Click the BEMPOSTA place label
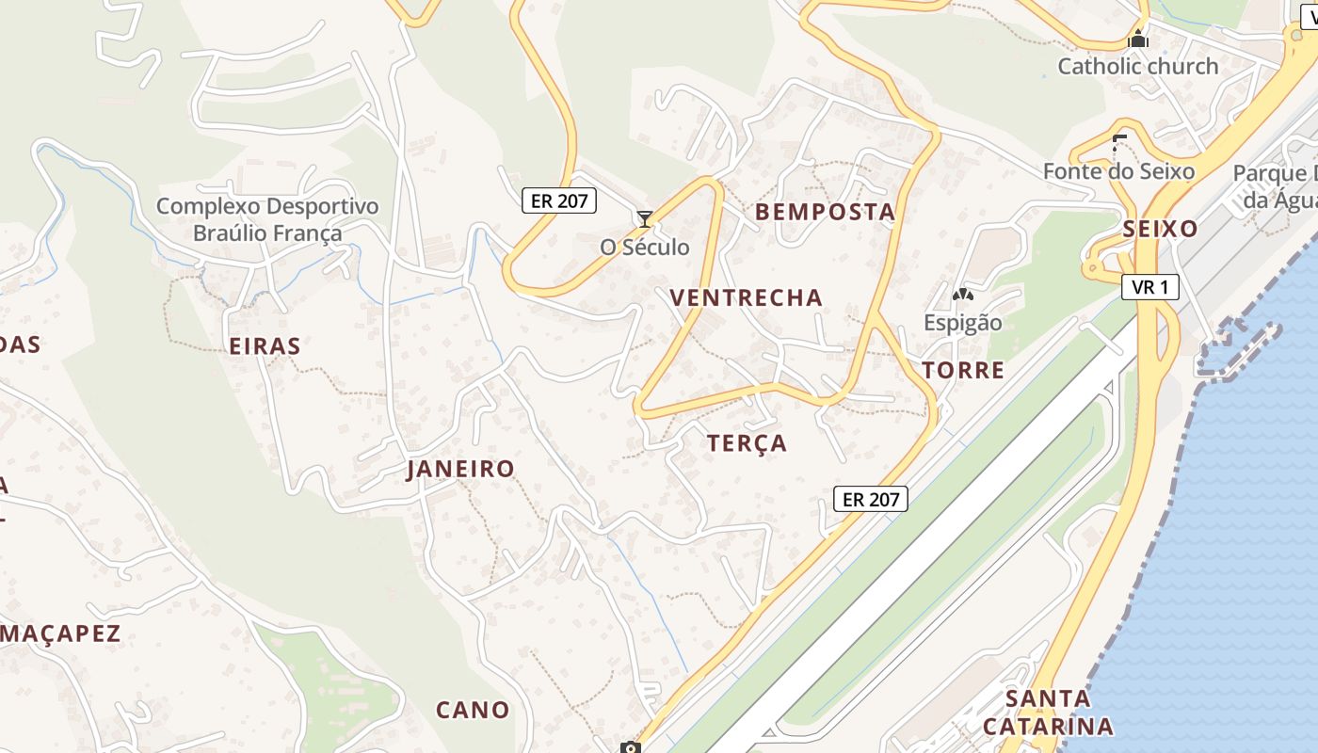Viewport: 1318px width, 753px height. click(825, 212)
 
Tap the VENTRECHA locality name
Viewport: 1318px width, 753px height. click(746, 297)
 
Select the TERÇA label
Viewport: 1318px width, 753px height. click(747, 442)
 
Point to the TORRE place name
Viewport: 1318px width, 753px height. click(963, 370)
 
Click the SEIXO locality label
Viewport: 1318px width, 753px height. click(1160, 229)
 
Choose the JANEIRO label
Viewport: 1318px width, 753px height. click(460, 469)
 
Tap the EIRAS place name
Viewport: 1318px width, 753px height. click(265, 345)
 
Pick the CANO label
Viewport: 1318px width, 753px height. click(472, 709)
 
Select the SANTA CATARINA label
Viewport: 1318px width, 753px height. click(1048, 713)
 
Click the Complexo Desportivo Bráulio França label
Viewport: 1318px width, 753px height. click(267, 219)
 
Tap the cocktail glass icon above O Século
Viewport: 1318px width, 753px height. click(645, 219)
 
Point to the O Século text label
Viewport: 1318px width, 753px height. click(645, 248)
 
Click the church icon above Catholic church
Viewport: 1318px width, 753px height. click(1138, 40)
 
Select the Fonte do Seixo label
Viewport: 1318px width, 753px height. click(1118, 171)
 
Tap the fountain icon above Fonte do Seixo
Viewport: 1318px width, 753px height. click(1118, 144)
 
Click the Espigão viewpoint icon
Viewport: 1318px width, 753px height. click(962, 295)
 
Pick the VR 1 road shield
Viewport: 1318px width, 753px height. click(1150, 287)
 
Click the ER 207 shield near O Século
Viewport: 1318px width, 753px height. click(559, 200)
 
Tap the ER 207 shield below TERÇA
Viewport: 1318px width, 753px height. click(871, 499)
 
